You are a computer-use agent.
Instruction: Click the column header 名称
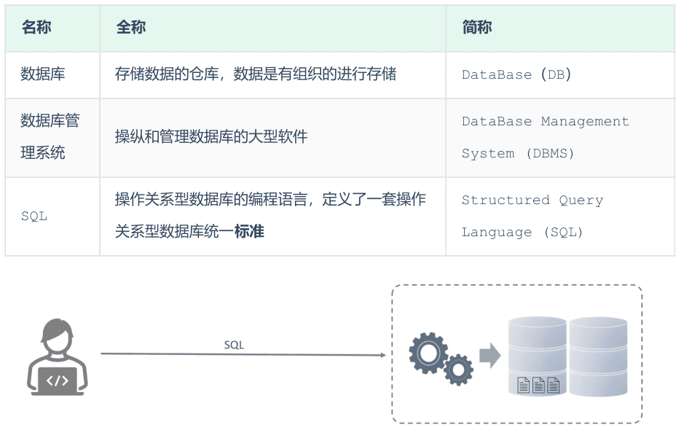tap(36, 28)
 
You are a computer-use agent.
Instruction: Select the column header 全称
tap(130, 28)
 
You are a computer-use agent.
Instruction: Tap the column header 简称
tap(476, 28)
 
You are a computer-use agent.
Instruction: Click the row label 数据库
tap(42, 74)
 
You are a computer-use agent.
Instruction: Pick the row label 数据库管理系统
tap(50, 136)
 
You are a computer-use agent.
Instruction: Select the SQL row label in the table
tap(34, 216)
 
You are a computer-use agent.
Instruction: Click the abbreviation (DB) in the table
tap(556, 74)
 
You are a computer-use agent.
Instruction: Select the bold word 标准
tap(249, 232)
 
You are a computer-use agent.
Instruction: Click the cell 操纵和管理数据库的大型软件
tap(211, 136)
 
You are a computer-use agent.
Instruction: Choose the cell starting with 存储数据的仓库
tap(255, 74)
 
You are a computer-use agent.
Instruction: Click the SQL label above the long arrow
tap(234, 345)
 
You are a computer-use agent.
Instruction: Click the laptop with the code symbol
tap(57, 381)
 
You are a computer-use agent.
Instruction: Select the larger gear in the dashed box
tap(428, 352)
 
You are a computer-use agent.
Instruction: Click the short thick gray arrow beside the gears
tap(490, 356)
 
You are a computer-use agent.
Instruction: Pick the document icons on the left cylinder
tap(538, 385)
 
